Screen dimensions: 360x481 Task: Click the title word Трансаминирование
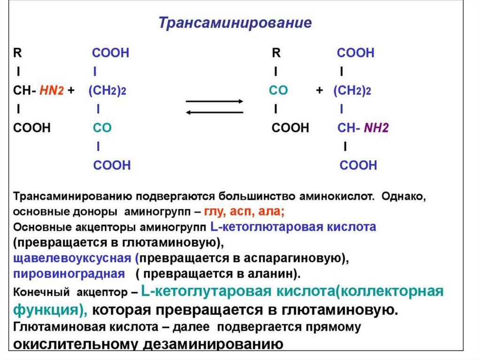click(235, 23)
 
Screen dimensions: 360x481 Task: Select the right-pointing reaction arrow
click(215, 101)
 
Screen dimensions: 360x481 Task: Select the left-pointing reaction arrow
click(215, 112)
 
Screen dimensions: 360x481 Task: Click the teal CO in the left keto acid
click(102, 128)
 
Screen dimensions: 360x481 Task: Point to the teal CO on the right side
click(278, 91)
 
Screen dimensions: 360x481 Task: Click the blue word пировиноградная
click(69, 273)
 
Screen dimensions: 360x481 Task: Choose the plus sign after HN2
click(71, 91)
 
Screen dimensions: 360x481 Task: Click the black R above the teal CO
click(276, 53)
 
